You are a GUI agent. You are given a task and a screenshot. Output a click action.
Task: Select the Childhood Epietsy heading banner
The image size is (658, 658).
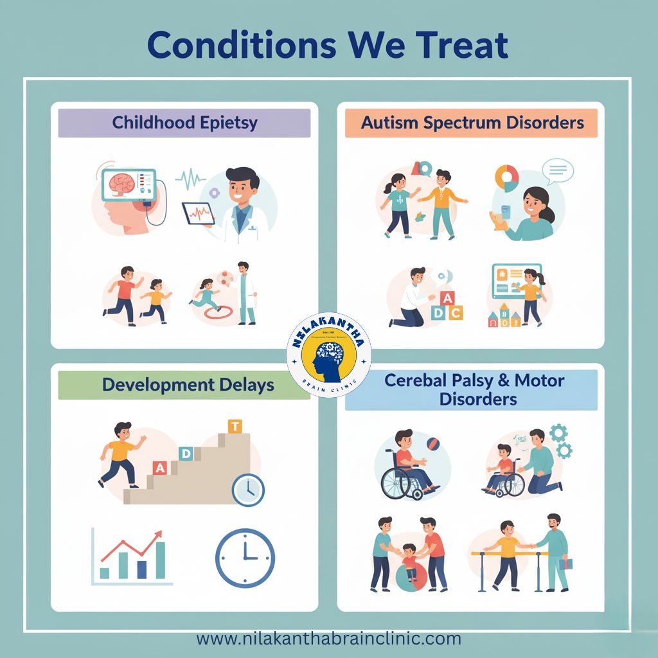tap(184, 123)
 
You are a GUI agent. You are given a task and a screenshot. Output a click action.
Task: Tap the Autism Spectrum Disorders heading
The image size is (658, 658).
tap(472, 123)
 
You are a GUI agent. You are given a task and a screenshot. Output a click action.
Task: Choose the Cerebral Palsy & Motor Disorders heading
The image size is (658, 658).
tap(474, 389)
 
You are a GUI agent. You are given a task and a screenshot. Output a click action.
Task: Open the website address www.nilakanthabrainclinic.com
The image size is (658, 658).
tap(328, 639)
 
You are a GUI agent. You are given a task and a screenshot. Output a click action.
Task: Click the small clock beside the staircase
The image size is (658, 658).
tap(248, 490)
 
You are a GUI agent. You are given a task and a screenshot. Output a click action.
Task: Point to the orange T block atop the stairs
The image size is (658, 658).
tap(235, 427)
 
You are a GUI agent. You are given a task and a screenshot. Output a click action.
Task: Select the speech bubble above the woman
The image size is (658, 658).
tap(557, 170)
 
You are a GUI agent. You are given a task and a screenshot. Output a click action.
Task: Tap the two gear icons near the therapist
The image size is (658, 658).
tap(560, 440)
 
